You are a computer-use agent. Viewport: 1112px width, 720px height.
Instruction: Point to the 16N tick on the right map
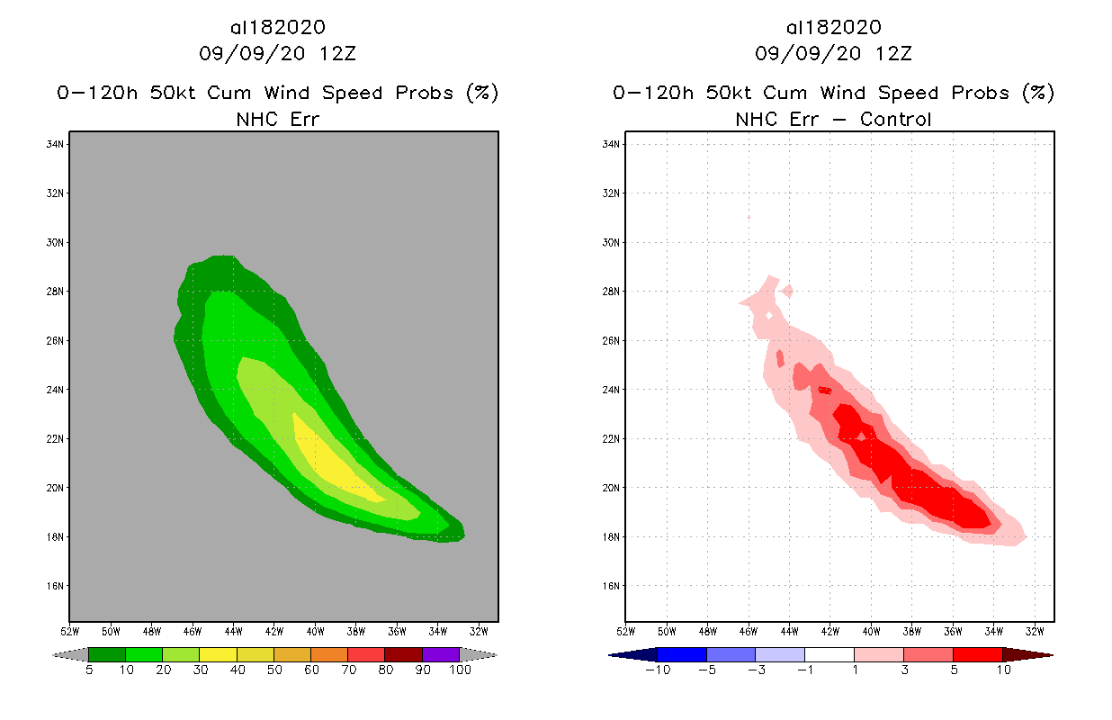click(x=612, y=586)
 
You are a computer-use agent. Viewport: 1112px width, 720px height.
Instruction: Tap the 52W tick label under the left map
click(x=70, y=630)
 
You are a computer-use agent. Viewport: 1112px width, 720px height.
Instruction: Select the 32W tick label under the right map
click(x=1034, y=630)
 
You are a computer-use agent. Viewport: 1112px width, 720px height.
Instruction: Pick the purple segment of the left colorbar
click(x=441, y=654)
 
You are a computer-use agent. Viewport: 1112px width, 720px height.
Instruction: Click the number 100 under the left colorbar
click(x=460, y=670)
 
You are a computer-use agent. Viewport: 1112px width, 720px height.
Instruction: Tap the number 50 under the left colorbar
click(x=274, y=670)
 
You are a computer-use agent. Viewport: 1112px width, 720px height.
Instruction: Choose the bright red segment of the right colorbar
click(x=977, y=654)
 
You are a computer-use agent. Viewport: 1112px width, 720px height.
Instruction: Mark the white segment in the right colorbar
click(x=829, y=654)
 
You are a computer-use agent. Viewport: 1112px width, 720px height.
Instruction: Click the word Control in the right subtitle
click(x=895, y=119)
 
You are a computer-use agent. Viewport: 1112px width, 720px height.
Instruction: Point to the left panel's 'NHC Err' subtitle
click(x=277, y=119)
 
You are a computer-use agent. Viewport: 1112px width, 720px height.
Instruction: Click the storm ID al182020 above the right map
click(x=833, y=28)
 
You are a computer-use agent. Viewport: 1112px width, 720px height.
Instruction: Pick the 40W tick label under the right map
click(x=871, y=630)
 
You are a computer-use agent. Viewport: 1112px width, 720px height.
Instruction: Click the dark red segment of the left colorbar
click(x=403, y=654)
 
